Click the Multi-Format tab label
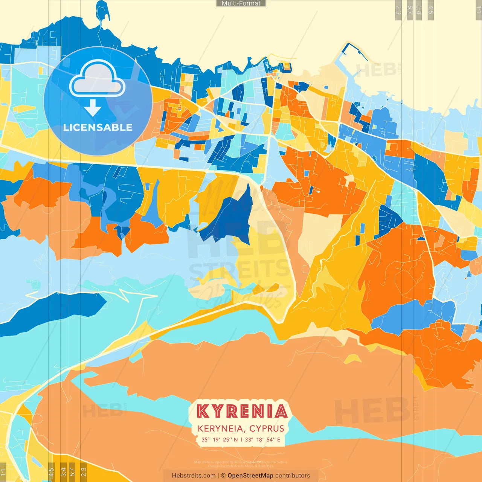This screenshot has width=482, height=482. [x=241, y=3]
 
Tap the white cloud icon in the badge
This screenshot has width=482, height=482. [x=97, y=80]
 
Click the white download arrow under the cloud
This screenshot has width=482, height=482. [x=93, y=108]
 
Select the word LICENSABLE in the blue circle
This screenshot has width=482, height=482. [x=98, y=127]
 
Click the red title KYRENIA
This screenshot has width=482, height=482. [x=242, y=411]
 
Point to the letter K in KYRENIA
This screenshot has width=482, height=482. [x=203, y=411]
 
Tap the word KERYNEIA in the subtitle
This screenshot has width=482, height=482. [x=221, y=429]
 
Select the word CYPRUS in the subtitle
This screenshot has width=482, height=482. [x=267, y=429]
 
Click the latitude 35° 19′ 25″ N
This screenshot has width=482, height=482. [x=220, y=439]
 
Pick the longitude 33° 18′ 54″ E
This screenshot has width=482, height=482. [x=262, y=439]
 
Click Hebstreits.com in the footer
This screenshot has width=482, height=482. [x=194, y=476]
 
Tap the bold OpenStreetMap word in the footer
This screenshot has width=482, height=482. [x=250, y=476]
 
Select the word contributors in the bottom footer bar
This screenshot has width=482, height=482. [x=293, y=476]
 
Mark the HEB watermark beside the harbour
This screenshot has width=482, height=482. [x=377, y=70]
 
